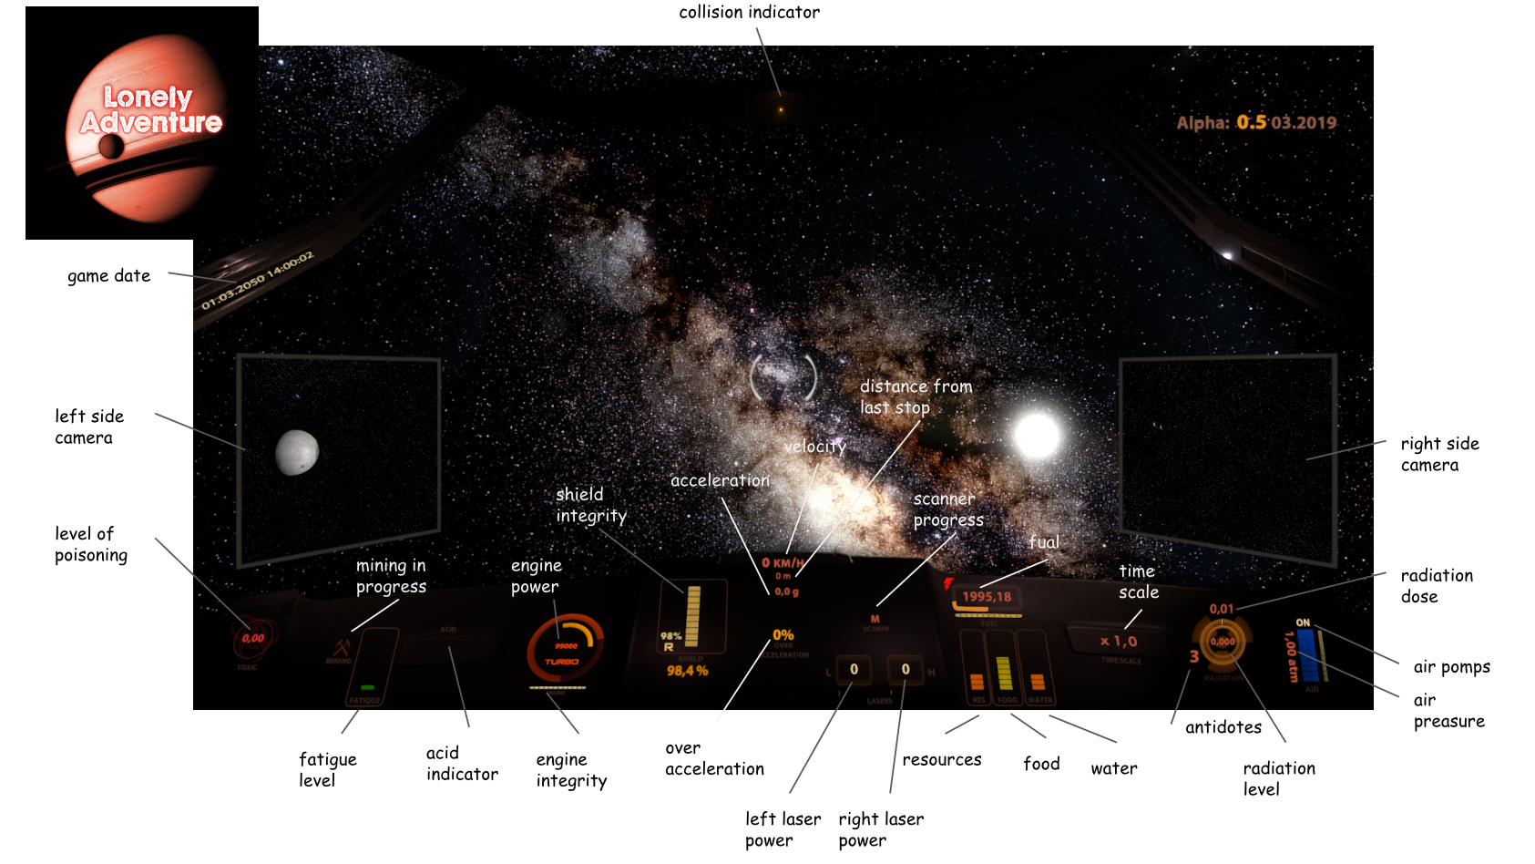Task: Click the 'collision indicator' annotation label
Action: click(x=749, y=13)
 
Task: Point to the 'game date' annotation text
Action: click(x=108, y=276)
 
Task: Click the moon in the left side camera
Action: click(x=297, y=452)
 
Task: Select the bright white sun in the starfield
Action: click(x=1037, y=435)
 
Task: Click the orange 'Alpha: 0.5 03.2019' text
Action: click(x=1256, y=123)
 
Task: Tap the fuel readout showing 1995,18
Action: click(x=987, y=597)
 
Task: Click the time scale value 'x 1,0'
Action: click(x=1119, y=642)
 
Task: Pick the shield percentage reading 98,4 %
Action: click(x=687, y=671)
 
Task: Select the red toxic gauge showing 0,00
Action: click(x=252, y=638)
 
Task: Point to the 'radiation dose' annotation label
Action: click(x=1436, y=586)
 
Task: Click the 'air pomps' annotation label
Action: click(x=1451, y=667)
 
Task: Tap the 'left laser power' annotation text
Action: click(x=783, y=829)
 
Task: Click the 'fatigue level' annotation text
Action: click(x=327, y=770)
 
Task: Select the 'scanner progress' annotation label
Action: click(x=947, y=509)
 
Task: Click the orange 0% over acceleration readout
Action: click(x=783, y=635)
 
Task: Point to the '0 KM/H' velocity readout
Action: click(x=783, y=563)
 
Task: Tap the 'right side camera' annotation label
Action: click(x=1439, y=454)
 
